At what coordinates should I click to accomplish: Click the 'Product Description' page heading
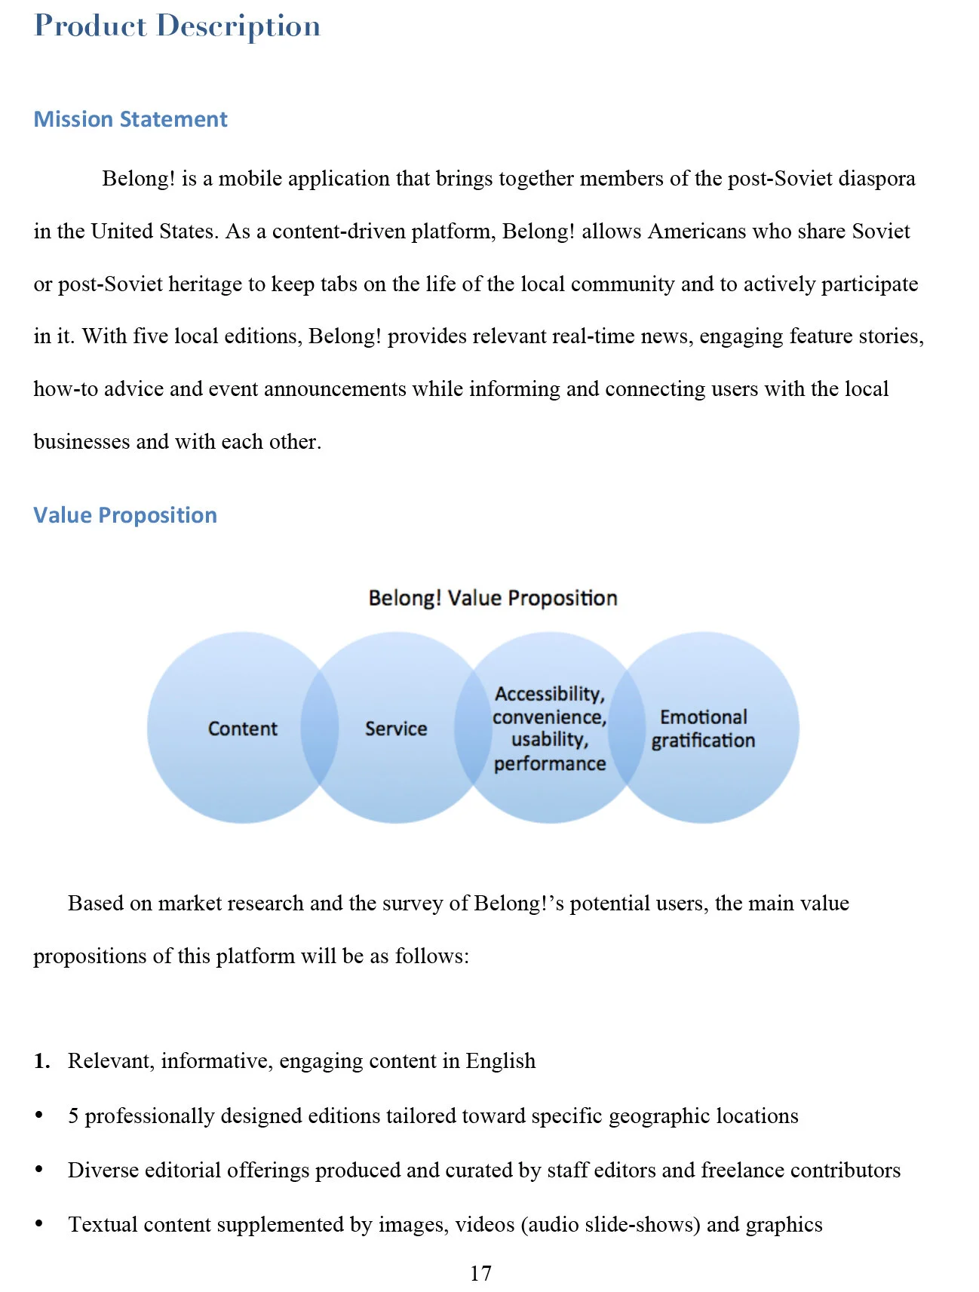click(x=177, y=26)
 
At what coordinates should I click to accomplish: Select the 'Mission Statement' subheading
click(x=130, y=119)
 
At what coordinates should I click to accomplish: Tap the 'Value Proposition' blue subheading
click(x=125, y=515)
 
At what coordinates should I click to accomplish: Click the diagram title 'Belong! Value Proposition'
click(x=493, y=598)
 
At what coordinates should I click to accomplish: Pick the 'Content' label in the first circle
click(x=242, y=729)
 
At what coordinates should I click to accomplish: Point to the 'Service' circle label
click(x=396, y=729)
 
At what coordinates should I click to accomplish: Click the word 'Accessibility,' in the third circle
click(x=549, y=694)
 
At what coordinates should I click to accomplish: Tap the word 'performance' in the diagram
click(x=550, y=764)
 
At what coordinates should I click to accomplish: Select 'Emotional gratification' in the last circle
click(x=703, y=729)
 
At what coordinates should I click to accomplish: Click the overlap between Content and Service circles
click(x=319, y=728)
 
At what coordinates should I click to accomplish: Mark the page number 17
click(x=480, y=1273)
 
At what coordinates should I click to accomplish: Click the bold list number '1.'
click(x=41, y=1060)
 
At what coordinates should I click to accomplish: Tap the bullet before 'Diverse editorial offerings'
click(x=39, y=1169)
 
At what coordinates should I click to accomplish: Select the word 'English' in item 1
click(x=500, y=1060)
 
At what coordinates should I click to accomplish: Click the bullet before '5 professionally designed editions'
click(x=39, y=1115)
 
